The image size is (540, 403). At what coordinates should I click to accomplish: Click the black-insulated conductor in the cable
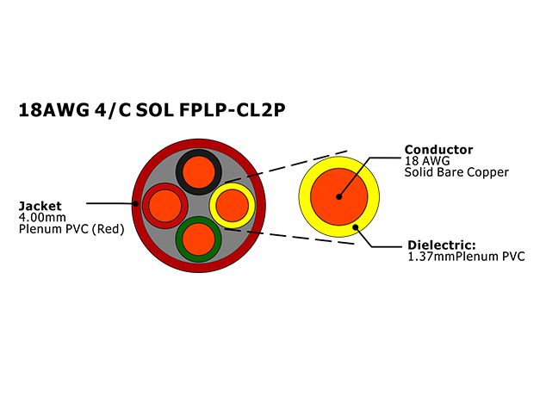(x=199, y=172)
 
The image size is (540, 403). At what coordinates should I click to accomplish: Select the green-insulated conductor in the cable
(x=198, y=239)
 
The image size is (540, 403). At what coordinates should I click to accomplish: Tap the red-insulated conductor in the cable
(x=165, y=206)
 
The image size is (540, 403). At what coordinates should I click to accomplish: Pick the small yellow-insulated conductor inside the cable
(x=233, y=206)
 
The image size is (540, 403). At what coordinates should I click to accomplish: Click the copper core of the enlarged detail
(x=339, y=197)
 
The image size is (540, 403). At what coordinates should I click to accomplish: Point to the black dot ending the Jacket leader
(x=136, y=204)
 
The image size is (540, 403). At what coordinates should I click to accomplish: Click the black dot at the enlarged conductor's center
(x=339, y=197)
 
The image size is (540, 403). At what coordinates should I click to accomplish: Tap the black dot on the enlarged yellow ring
(x=356, y=227)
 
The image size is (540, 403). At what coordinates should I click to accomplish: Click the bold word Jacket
(x=40, y=206)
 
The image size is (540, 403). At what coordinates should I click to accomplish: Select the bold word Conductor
(x=438, y=150)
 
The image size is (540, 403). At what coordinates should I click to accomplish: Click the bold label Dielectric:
(x=442, y=245)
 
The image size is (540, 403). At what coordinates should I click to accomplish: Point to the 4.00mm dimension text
(x=42, y=217)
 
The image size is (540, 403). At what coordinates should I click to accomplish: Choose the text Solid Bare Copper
(x=456, y=172)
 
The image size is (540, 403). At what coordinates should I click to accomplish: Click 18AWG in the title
(x=53, y=110)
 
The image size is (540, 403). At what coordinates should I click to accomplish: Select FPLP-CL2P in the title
(x=233, y=110)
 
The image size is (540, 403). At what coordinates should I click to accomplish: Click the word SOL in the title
(x=155, y=110)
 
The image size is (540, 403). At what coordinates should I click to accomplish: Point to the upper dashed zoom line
(x=286, y=166)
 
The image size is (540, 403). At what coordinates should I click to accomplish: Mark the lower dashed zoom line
(x=289, y=236)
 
